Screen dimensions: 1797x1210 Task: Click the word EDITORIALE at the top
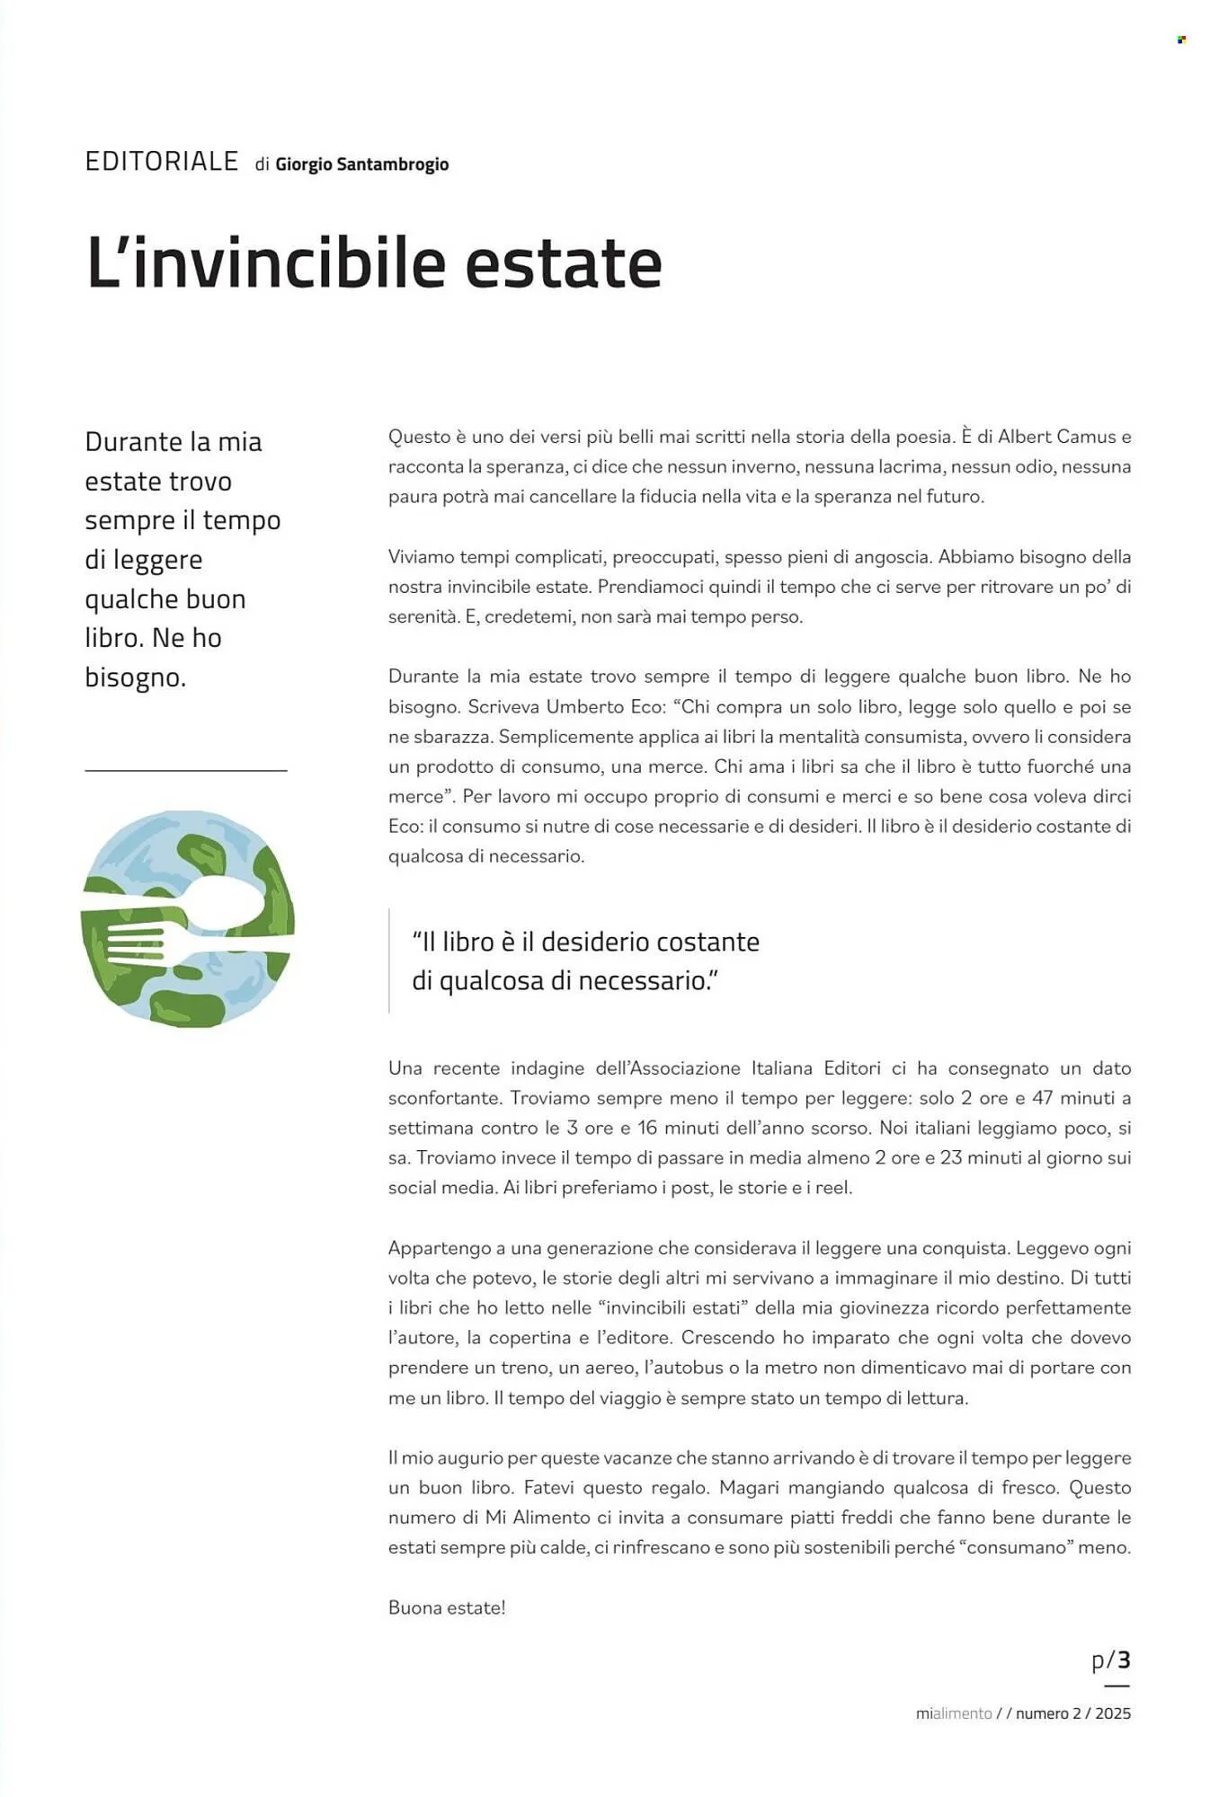pyautogui.click(x=162, y=162)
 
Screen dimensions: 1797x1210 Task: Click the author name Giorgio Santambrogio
pyautogui.click(x=361, y=164)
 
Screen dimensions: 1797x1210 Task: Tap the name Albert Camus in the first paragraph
pyautogui.click(x=1056, y=437)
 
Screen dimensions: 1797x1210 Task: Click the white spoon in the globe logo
pyautogui.click(x=216, y=903)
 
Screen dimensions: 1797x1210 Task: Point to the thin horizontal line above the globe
pyautogui.click(x=186, y=771)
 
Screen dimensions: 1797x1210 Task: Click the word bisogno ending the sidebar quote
pyautogui.click(x=134, y=677)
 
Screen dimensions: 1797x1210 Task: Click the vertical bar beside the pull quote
pyautogui.click(x=389, y=960)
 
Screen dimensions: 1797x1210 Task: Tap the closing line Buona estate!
pyautogui.click(x=447, y=1607)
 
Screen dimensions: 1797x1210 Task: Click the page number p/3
pyautogui.click(x=1110, y=1660)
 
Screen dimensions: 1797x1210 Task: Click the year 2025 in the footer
pyautogui.click(x=1113, y=1713)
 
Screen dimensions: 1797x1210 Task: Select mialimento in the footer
pyautogui.click(x=953, y=1713)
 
